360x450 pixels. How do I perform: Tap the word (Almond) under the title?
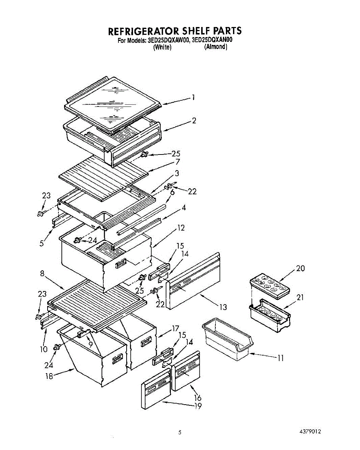216,47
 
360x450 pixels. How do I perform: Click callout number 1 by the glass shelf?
193,97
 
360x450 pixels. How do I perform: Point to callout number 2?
194,120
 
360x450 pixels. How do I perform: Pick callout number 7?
177,162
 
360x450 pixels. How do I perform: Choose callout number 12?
181,228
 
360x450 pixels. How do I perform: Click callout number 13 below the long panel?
223,307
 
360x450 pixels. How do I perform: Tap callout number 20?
300,268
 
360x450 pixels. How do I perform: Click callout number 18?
49,376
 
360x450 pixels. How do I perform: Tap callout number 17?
175,328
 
